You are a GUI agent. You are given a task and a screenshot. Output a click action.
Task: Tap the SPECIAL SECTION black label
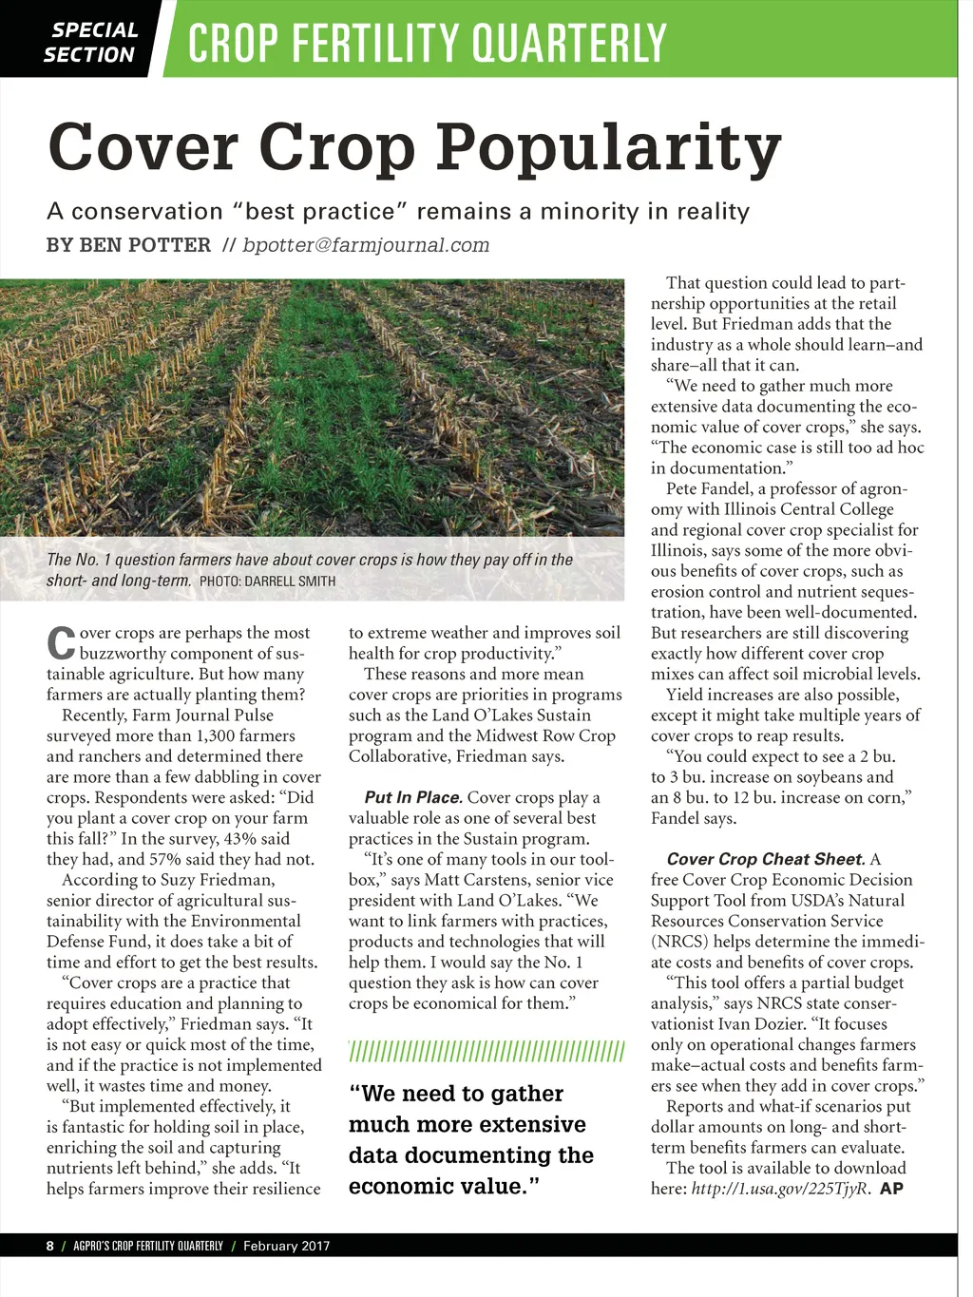click(89, 43)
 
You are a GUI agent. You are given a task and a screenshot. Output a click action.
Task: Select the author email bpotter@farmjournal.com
click(366, 245)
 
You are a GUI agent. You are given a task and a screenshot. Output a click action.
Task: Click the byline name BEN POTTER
click(145, 245)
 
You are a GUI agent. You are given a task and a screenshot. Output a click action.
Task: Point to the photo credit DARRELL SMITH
click(290, 581)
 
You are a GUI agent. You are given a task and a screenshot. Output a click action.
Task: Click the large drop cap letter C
click(61, 643)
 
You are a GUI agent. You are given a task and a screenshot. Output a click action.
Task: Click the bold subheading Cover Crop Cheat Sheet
click(766, 859)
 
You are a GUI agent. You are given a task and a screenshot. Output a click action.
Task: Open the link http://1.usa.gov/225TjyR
click(780, 1189)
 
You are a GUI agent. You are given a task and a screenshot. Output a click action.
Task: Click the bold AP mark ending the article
click(891, 1189)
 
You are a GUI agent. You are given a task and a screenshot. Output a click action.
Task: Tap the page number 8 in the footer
click(50, 1246)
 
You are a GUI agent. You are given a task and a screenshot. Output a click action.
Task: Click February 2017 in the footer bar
click(286, 1246)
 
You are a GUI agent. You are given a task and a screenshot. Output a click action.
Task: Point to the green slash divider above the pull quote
click(486, 1051)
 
